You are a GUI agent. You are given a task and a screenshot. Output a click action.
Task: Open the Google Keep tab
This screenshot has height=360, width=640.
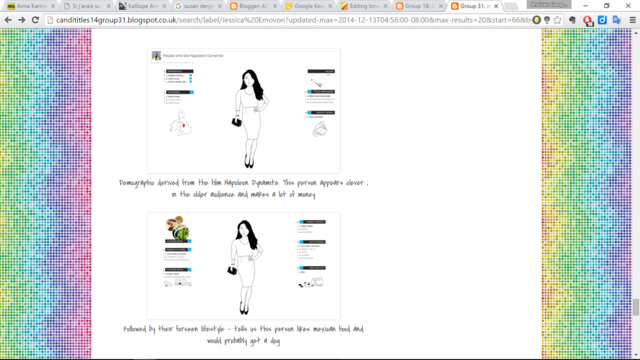pyautogui.click(x=310, y=6)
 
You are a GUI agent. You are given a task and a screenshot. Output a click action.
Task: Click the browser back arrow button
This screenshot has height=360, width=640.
pyautogui.click(x=9, y=19)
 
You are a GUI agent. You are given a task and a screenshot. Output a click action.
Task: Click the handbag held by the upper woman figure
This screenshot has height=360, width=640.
pyautogui.click(x=237, y=122)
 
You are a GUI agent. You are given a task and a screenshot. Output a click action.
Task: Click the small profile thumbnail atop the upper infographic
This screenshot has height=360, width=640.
pyautogui.click(x=157, y=57)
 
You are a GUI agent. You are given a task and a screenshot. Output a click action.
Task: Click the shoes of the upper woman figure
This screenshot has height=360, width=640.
pyautogui.click(x=247, y=163)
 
